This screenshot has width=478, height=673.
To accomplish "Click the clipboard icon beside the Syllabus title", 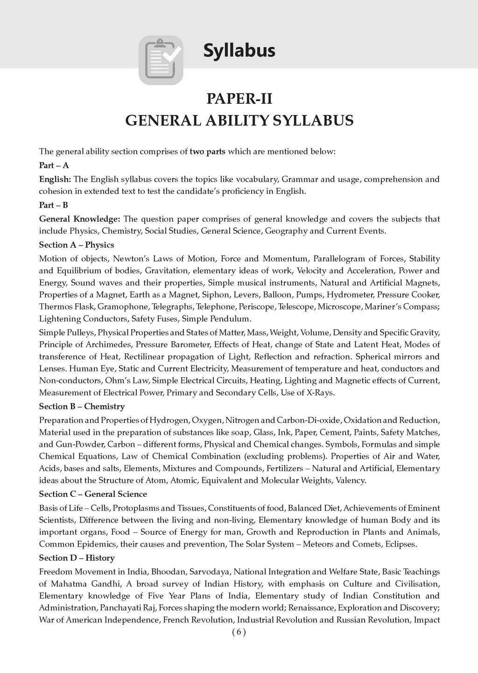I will pos(161,61).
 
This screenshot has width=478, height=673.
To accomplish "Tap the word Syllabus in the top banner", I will pos(239,50).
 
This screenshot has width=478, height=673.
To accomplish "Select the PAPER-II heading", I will pos(239,99).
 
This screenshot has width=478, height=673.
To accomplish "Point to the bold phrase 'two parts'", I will pos(206,151).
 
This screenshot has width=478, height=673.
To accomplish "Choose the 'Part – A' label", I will pos(54,165).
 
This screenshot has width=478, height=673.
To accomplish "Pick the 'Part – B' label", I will pos(54,205).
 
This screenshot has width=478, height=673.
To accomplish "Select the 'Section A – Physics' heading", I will pos(77,245).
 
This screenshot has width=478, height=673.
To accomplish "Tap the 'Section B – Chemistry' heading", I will pos(82,406).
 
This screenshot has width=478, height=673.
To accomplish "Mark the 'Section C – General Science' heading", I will pos(93,494).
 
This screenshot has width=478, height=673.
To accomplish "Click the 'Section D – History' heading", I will pos(77,558).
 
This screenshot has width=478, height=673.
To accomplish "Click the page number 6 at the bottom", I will pos(239,632).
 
